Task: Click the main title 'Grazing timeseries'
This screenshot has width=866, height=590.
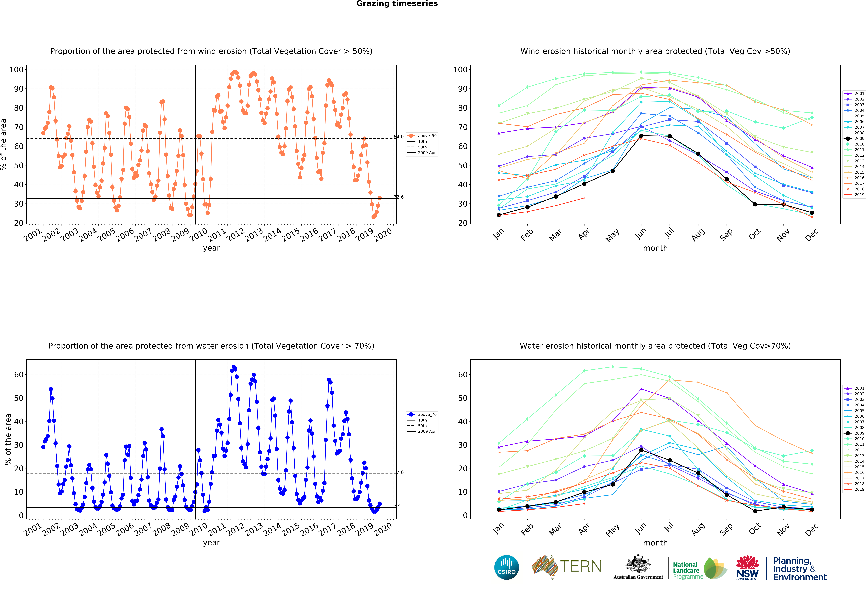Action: [x=397, y=4]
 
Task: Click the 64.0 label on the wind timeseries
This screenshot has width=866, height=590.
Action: [x=399, y=137]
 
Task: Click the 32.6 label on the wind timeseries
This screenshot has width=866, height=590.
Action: [x=399, y=197]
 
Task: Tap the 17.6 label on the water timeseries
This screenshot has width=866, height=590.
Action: [x=399, y=472]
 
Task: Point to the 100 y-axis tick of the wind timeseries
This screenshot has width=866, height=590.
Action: [x=16, y=70]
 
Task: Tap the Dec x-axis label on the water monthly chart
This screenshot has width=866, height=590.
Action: [x=812, y=529]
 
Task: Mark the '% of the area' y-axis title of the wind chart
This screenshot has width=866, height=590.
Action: [x=4, y=144]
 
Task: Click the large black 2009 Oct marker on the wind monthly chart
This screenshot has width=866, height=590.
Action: [x=755, y=204]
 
